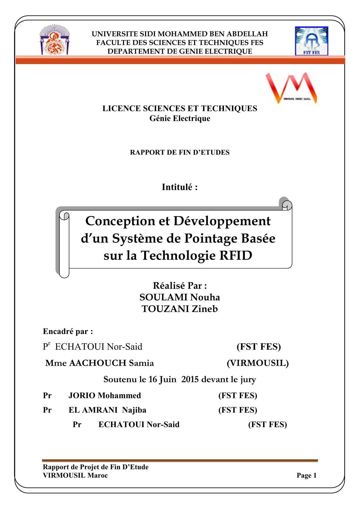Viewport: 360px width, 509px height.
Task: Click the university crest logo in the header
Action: point(54,40)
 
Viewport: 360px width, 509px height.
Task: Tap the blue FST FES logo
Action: point(311,41)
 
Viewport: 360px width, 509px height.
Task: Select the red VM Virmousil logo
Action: point(291,88)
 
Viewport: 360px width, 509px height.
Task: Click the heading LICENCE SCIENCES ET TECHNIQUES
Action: point(180,109)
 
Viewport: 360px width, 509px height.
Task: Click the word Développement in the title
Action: point(222,221)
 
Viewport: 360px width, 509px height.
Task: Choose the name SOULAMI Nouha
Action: point(180,297)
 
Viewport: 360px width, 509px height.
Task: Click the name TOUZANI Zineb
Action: point(180,309)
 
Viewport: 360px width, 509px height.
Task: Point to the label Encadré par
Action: point(68,331)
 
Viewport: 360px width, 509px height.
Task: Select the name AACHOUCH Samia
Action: point(111,363)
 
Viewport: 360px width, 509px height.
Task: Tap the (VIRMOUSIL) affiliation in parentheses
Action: point(258,363)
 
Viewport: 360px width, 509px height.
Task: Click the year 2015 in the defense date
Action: point(190,380)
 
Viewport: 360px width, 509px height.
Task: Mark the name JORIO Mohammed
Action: point(104,396)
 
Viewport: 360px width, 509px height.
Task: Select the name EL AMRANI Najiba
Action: point(107,410)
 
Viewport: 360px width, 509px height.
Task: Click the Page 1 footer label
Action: point(306,475)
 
